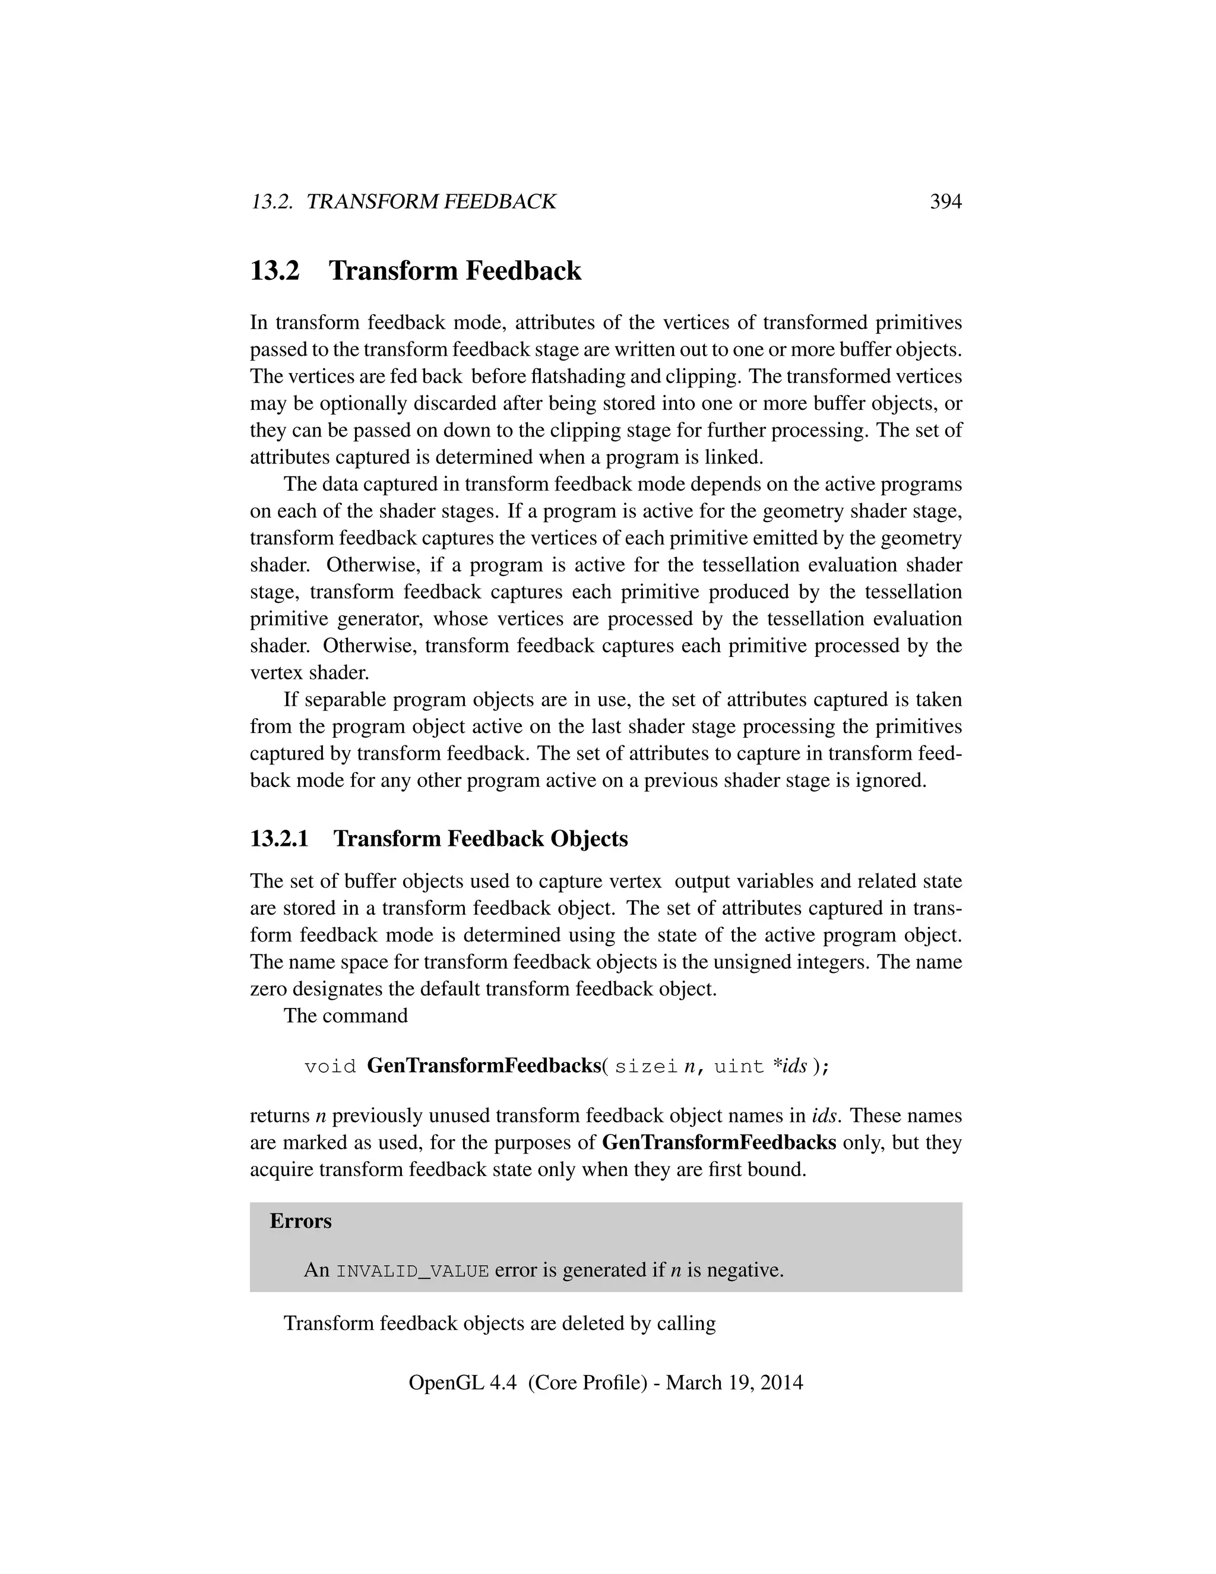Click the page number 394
click(945, 202)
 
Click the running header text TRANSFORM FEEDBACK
click(431, 202)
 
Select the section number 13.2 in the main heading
click(274, 271)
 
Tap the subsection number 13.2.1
click(279, 839)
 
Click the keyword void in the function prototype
click(330, 1066)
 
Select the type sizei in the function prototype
click(646, 1066)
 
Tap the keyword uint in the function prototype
click(739, 1066)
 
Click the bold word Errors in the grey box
click(300, 1221)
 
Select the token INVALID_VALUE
click(413, 1270)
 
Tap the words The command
click(345, 1016)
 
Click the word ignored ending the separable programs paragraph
click(891, 780)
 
